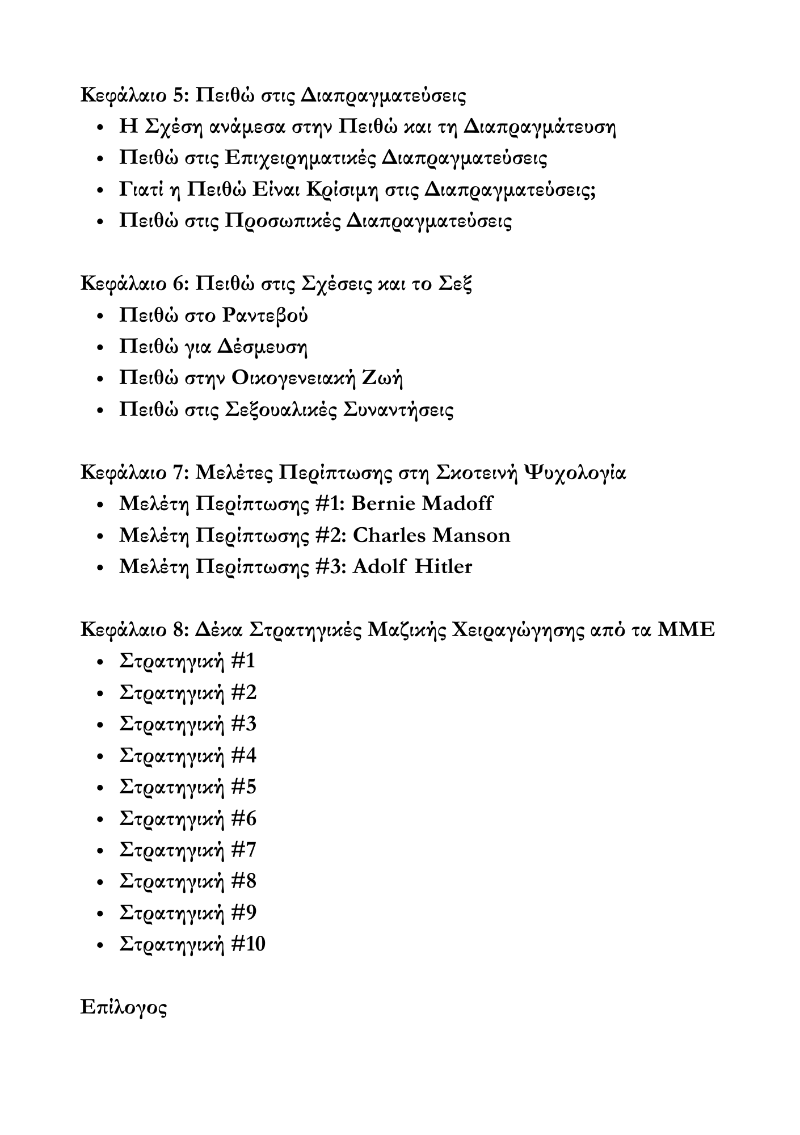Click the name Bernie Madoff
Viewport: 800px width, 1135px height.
(422, 503)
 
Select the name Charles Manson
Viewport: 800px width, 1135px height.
(431, 535)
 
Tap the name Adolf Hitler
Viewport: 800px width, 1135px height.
(412, 566)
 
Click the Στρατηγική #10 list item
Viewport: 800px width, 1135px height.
(192, 944)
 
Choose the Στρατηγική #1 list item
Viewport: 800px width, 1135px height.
(187, 661)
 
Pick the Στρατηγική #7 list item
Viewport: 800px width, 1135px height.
(188, 850)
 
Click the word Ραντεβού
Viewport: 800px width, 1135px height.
(264, 315)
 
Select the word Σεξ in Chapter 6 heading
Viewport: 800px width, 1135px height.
(456, 283)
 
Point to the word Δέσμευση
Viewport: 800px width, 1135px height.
(262, 346)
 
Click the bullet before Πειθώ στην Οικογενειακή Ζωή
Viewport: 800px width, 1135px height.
(100, 379)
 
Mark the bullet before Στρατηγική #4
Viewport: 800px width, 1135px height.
(100, 756)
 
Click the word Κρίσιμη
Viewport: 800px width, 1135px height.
(343, 189)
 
